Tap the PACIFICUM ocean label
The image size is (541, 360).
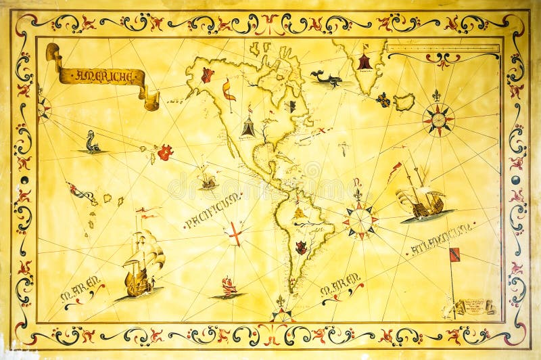pyautogui.click(x=211, y=210)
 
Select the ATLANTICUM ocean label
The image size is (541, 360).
pyautogui.click(x=441, y=239)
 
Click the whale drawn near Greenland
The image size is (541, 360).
pyautogui.click(x=325, y=79)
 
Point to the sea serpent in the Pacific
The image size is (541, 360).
pyautogui.click(x=92, y=143)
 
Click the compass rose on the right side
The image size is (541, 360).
pyautogui.click(x=438, y=120)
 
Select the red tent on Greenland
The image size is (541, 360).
pyautogui.click(x=365, y=62)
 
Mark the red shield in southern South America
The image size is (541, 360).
pyautogui.click(x=301, y=248)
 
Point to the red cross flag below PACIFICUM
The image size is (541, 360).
pyautogui.click(x=235, y=233)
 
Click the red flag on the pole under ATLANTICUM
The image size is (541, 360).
pyautogui.click(x=454, y=255)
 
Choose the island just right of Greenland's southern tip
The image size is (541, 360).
pyautogui.click(x=404, y=102)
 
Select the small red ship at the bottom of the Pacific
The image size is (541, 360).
pyautogui.click(x=229, y=287)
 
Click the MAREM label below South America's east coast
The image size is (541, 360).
pyautogui.click(x=341, y=289)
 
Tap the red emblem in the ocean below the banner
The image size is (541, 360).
pyautogui.click(x=164, y=153)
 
